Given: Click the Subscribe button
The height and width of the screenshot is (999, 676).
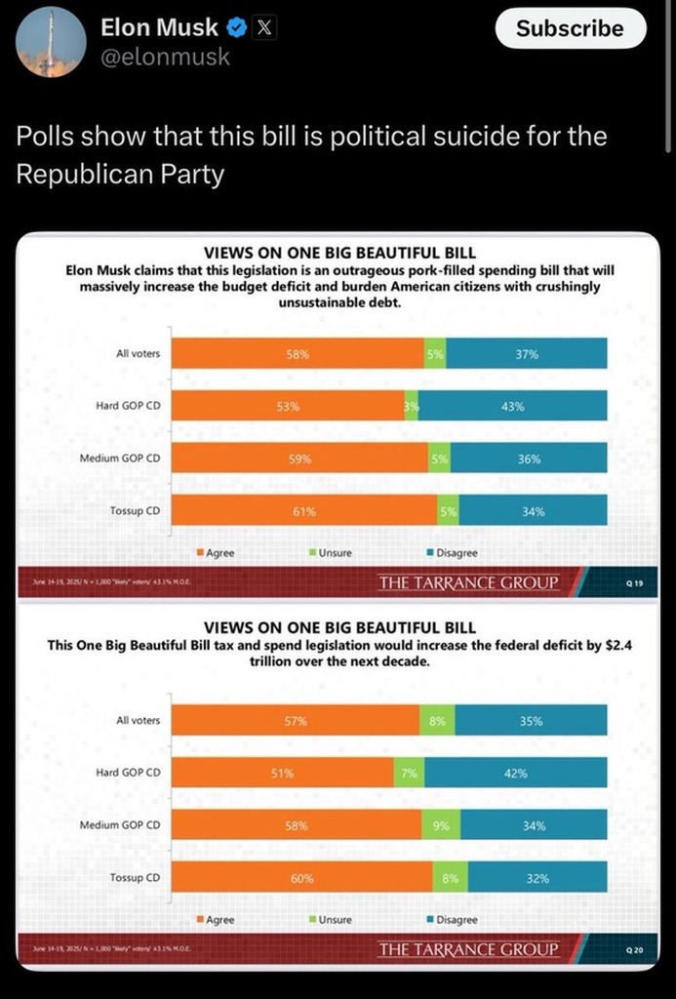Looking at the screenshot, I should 570,29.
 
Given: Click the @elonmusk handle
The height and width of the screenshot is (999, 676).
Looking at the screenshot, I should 165,57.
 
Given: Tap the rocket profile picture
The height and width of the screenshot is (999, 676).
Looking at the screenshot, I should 51,41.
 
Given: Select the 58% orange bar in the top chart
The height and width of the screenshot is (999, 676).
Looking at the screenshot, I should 298,353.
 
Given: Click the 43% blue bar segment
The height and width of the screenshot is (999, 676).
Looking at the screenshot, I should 513,406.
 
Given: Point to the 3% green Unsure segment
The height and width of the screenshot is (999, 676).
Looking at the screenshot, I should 412,406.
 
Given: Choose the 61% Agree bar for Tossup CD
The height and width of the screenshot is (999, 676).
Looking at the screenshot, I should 304,510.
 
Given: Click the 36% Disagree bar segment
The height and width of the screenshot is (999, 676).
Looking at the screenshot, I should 529,459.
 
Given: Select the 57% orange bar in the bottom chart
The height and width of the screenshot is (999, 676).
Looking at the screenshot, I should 296,721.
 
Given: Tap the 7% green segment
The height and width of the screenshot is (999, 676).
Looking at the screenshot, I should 409,773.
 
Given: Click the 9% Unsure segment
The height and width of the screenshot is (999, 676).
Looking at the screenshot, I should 441,825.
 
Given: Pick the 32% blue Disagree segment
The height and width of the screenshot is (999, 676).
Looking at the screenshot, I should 537,878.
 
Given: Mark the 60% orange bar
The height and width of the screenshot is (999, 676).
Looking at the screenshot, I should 302,878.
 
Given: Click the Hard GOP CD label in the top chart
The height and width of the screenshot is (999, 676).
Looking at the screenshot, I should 128,406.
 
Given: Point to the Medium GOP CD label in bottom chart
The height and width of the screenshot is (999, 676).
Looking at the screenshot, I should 120,825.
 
